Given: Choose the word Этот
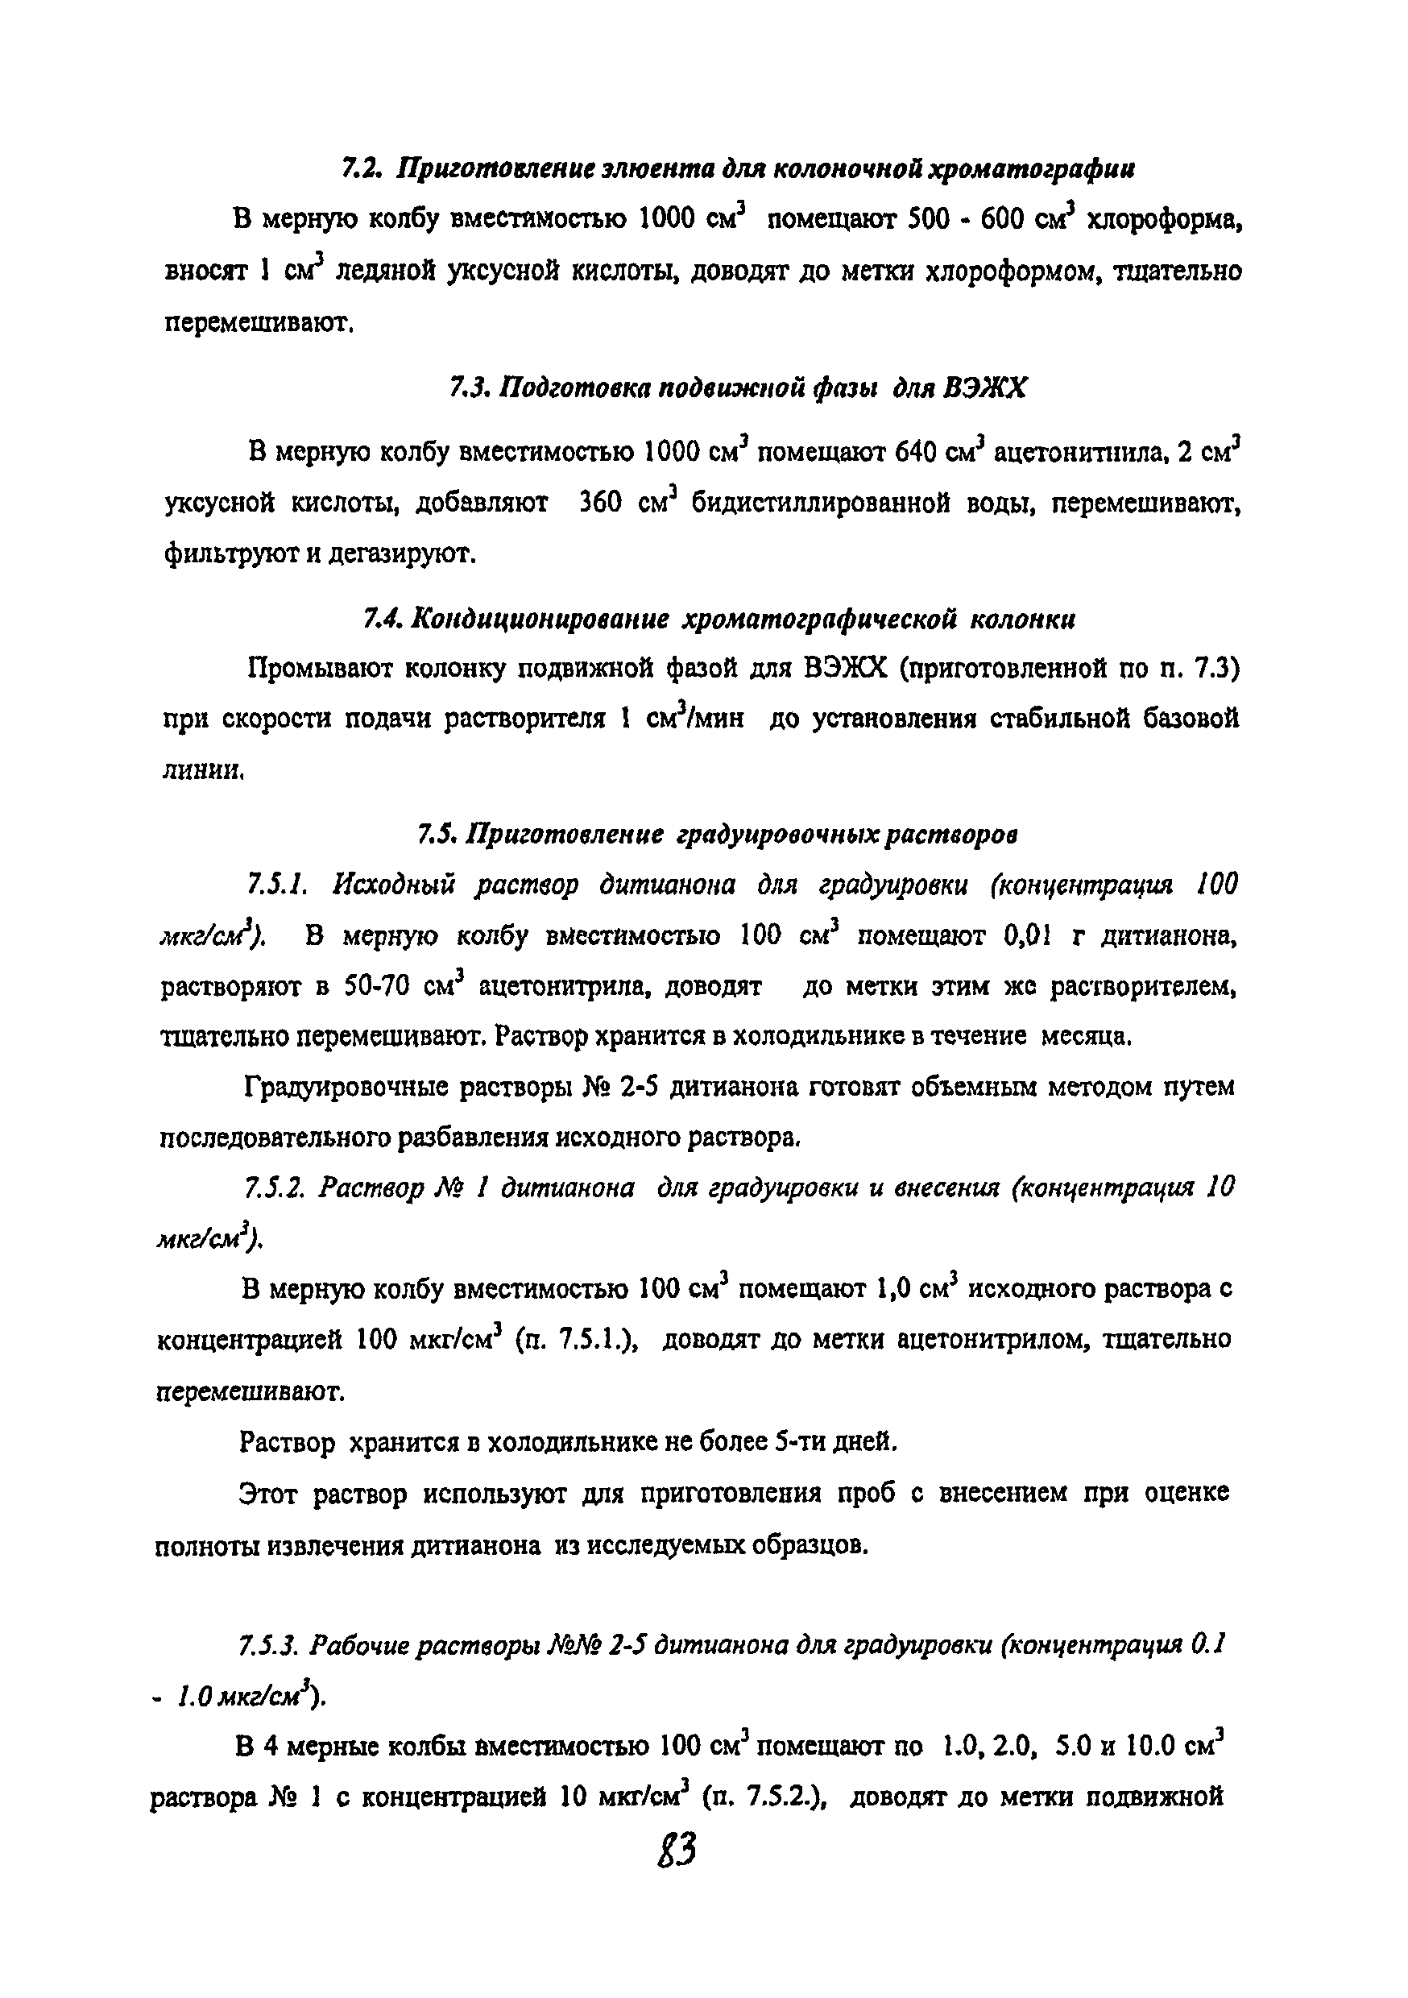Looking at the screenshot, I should (x=269, y=1494).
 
